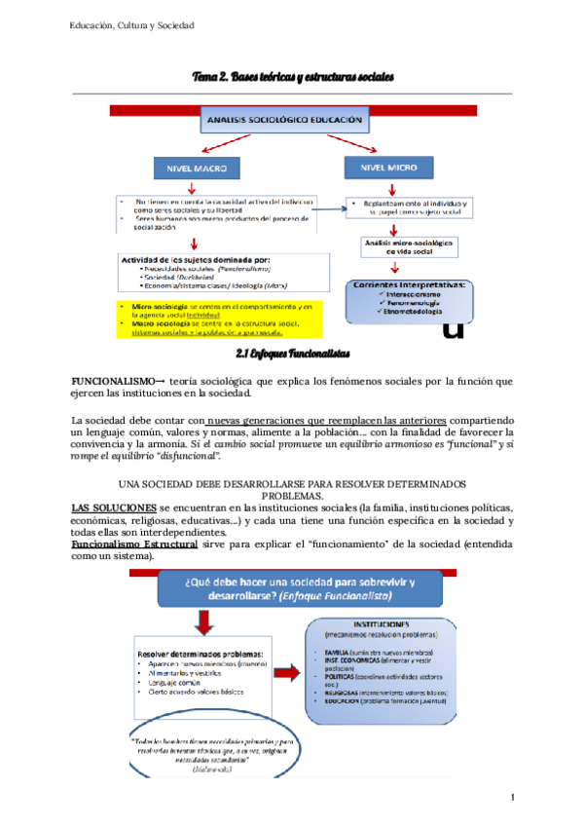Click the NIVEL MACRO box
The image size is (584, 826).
click(196, 169)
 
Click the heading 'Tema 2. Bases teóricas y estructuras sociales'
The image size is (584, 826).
click(292, 76)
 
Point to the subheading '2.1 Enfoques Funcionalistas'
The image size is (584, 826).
click(292, 351)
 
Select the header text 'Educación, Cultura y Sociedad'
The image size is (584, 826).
click(132, 25)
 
